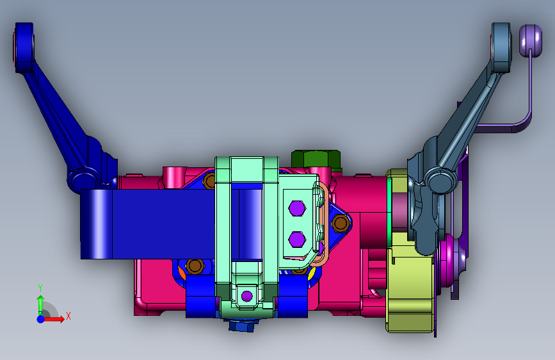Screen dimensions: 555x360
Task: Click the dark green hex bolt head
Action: (x=316, y=160)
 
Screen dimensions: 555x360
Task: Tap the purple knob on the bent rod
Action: (x=531, y=40)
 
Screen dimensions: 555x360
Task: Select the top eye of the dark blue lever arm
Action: (x=24, y=47)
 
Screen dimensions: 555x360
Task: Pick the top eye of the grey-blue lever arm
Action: (x=501, y=47)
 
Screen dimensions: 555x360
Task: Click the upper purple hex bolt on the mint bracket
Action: (x=297, y=208)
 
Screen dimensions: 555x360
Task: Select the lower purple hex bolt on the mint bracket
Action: (x=297, y=240)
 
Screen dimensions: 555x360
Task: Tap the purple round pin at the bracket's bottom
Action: (x=246, y=296)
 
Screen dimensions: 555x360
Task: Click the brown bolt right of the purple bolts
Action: (x=341, y=223)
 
